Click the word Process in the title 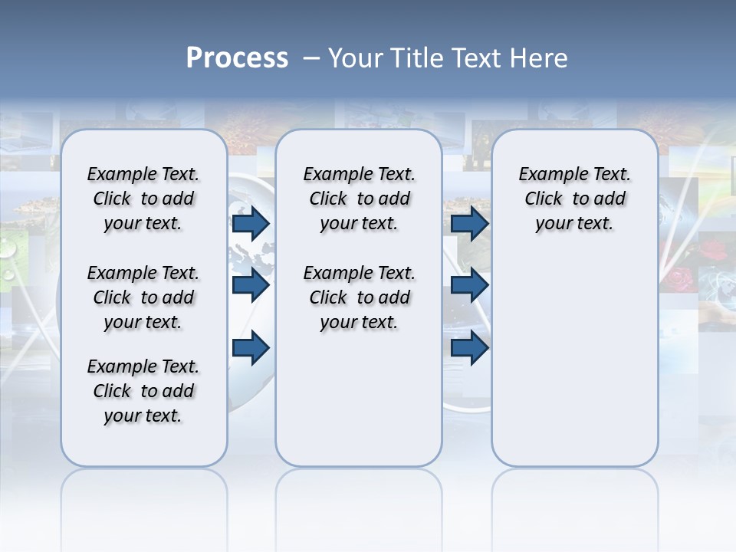click(237, 58)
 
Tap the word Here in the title click(540, 58)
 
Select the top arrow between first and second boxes click(250, 223)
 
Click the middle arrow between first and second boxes click(250, 285)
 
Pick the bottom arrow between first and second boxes click(250, 347)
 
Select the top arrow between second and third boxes click(469, 223)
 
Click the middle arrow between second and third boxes click(469, 285)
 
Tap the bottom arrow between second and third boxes click(469, 347)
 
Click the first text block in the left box click(143, 199)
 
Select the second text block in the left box click(143, 297)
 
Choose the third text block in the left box click(143, 391)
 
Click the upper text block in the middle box click(359, 199)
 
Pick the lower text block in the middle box click(359, 297)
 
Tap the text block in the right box click(574, 199)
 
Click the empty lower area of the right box click(574, 368)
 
